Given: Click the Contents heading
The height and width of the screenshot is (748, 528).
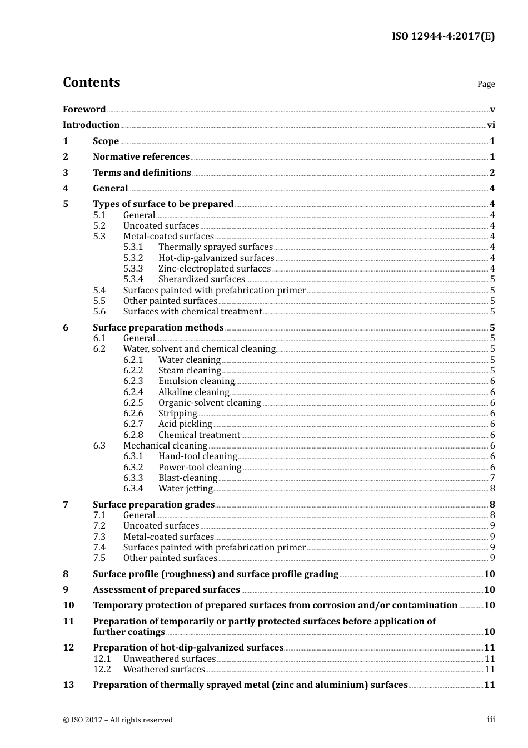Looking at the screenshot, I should coord(91,82).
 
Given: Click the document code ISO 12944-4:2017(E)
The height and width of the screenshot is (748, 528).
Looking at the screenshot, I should coord(443,37).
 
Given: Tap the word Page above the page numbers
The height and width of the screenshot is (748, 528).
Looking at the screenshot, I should coord(486,84).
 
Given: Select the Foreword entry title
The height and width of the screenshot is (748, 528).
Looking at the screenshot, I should coord(84,110).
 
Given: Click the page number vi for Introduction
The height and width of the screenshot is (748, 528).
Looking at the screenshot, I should coord(491,125).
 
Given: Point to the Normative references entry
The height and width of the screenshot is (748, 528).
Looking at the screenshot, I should coord(141,157).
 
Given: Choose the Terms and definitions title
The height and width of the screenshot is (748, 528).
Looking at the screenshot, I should coord(142,173).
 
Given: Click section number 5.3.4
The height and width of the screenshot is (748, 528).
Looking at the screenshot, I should coord(133,279).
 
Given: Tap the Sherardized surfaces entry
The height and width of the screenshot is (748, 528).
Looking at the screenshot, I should coord(201,279).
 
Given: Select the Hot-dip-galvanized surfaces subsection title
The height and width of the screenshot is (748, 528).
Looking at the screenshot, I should coord(216,258).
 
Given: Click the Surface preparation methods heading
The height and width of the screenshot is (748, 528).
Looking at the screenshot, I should coord(158,328).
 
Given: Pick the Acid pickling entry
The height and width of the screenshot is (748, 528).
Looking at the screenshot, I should coord(185,424).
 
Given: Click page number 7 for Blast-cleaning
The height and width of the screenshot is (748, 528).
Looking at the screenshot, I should coord(492,478).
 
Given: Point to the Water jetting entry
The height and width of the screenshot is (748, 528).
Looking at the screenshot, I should coord(185,489).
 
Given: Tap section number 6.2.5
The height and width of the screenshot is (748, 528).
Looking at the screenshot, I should coord(133,403).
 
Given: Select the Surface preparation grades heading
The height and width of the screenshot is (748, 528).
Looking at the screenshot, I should coord(153,505).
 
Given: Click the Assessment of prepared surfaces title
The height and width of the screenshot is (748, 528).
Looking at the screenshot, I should coord(166,590).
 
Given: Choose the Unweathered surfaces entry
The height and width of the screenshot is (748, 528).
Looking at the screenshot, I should coord(169,659).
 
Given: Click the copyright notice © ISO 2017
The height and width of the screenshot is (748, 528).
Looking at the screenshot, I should coord(118,720).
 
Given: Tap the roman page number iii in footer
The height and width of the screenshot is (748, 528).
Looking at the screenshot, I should coord(491,720).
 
